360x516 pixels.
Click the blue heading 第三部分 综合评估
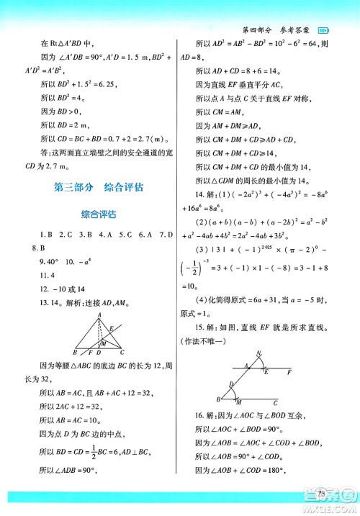(99, 188)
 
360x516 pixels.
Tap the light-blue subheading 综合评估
(99, 213)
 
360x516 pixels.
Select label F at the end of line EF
(289, 373)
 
